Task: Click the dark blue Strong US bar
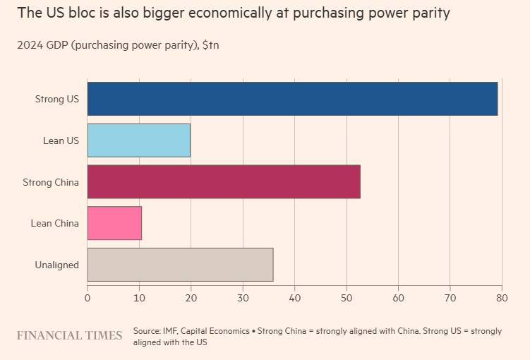click(292, 99)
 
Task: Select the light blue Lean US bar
click(138, 140)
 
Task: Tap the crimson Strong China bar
click(224, 182)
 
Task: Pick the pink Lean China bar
click(114, 223)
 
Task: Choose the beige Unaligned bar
click(180, 265)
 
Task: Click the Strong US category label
click(57, 100)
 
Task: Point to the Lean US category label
click(61, 141)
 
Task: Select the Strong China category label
click(51, 183)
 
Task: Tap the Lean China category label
click(54, 224)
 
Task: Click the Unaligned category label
click(56, 265)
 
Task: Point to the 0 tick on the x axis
click(88, 298)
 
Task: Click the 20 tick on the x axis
click(191, 298)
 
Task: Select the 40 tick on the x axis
click(294, 298)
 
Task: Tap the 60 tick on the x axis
click(398, 298)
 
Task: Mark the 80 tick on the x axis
click(502, 298)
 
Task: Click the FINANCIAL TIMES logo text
click(69, 335)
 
